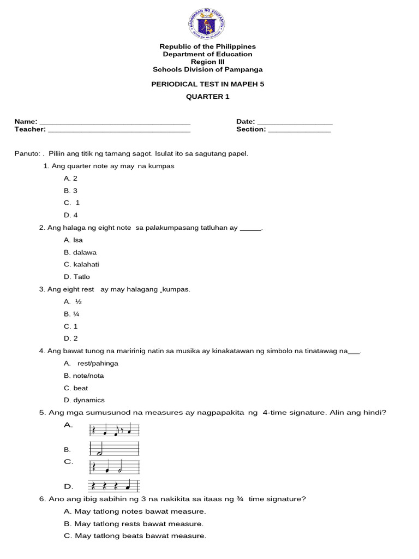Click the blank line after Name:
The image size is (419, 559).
(115, 122)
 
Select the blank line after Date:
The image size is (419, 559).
(295, 122)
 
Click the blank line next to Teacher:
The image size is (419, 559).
(119, 130)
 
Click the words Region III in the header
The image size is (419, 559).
(207, 62)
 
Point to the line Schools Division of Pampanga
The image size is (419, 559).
(207, 69)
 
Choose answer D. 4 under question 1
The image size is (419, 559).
(71, 215)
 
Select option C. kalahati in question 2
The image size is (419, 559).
(81, 265)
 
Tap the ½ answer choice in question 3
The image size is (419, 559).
(73, 302)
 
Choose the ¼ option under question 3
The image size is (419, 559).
(73, 314)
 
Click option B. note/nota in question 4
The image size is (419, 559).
(83, 376)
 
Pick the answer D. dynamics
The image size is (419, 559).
(84, 400)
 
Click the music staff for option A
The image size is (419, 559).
(115, 431)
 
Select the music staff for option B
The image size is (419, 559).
(115, 449)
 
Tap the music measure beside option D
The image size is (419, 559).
(115, 486)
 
